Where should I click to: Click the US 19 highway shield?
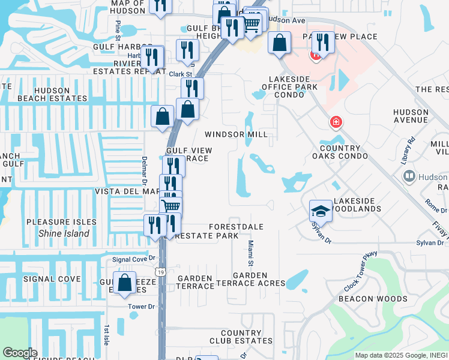[x=160, y=272]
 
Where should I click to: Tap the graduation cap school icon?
[x=321, y=211]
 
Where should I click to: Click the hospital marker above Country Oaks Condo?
[x=336, y=123]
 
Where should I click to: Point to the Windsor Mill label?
[x=236, y=134]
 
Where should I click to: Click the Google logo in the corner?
[x=20, y=353]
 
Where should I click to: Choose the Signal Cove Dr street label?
[x=134, y=259]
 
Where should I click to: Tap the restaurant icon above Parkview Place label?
[x=323, y=42]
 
